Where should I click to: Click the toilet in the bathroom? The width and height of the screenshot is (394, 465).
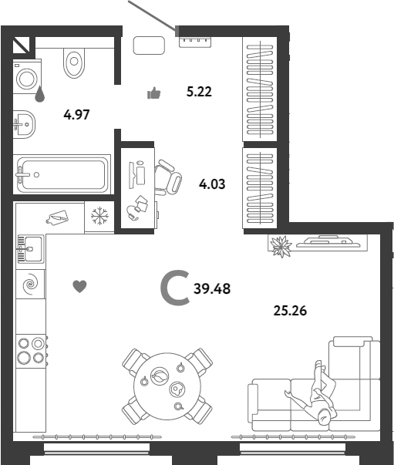pos(74,62)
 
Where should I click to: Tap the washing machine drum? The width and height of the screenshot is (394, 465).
pos(27,79)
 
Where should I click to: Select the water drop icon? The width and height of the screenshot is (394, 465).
pos(40,94)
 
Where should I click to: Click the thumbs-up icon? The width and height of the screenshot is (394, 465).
pos(154,93)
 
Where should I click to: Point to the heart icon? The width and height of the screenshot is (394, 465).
pos(79,286)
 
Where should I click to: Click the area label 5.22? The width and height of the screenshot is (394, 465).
pos(199,92)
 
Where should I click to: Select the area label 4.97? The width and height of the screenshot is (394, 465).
pos(76,114)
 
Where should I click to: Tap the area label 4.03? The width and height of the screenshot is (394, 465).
pos(212,184)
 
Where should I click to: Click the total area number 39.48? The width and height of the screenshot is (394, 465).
pos(212,288)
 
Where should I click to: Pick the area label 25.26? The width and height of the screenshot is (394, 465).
pos(290,311)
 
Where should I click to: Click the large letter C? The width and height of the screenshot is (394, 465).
pos(175,288)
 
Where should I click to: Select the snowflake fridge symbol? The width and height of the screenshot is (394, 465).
pos(99,216)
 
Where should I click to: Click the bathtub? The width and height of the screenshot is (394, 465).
pos(63,174)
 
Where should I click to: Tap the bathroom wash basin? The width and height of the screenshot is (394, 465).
pos(25,124)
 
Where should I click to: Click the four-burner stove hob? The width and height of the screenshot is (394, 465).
pos(32,351)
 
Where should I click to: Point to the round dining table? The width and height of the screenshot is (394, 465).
pos(167,386)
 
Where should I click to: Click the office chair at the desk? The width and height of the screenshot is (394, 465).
pos(168,178)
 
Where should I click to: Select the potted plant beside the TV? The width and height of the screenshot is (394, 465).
pos(281,247)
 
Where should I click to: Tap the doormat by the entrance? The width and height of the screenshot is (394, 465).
pos(149,45)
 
